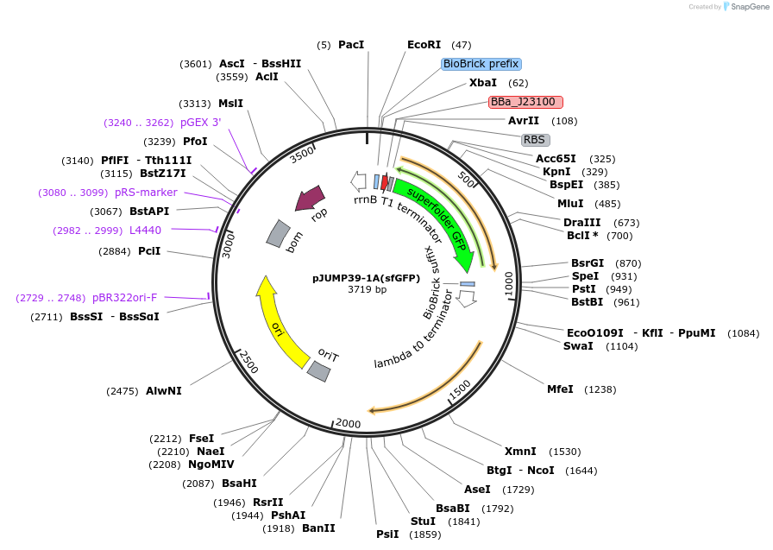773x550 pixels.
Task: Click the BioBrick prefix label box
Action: click(481, 64)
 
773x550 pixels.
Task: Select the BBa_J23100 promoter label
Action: click(525, 102)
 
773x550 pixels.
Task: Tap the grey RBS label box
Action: click(535, 140)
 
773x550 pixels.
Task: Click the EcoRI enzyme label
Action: click(424, 45)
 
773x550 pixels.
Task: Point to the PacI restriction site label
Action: click(351, 45)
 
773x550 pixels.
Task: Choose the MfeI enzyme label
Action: click(560, 389)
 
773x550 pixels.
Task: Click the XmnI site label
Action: click(520, 452)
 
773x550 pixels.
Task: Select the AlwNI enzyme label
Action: click(164, 391)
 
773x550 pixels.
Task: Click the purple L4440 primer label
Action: click(145, 231)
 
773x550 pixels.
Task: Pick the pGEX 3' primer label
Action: click(200, 123)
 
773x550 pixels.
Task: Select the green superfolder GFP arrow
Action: click(437, 218)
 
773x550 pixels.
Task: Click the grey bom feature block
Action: click(279, 233)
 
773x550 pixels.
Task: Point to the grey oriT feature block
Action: click(319, 371)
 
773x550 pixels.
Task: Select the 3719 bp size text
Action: click(367, 289)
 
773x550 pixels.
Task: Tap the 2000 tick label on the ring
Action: click(348, 423)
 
